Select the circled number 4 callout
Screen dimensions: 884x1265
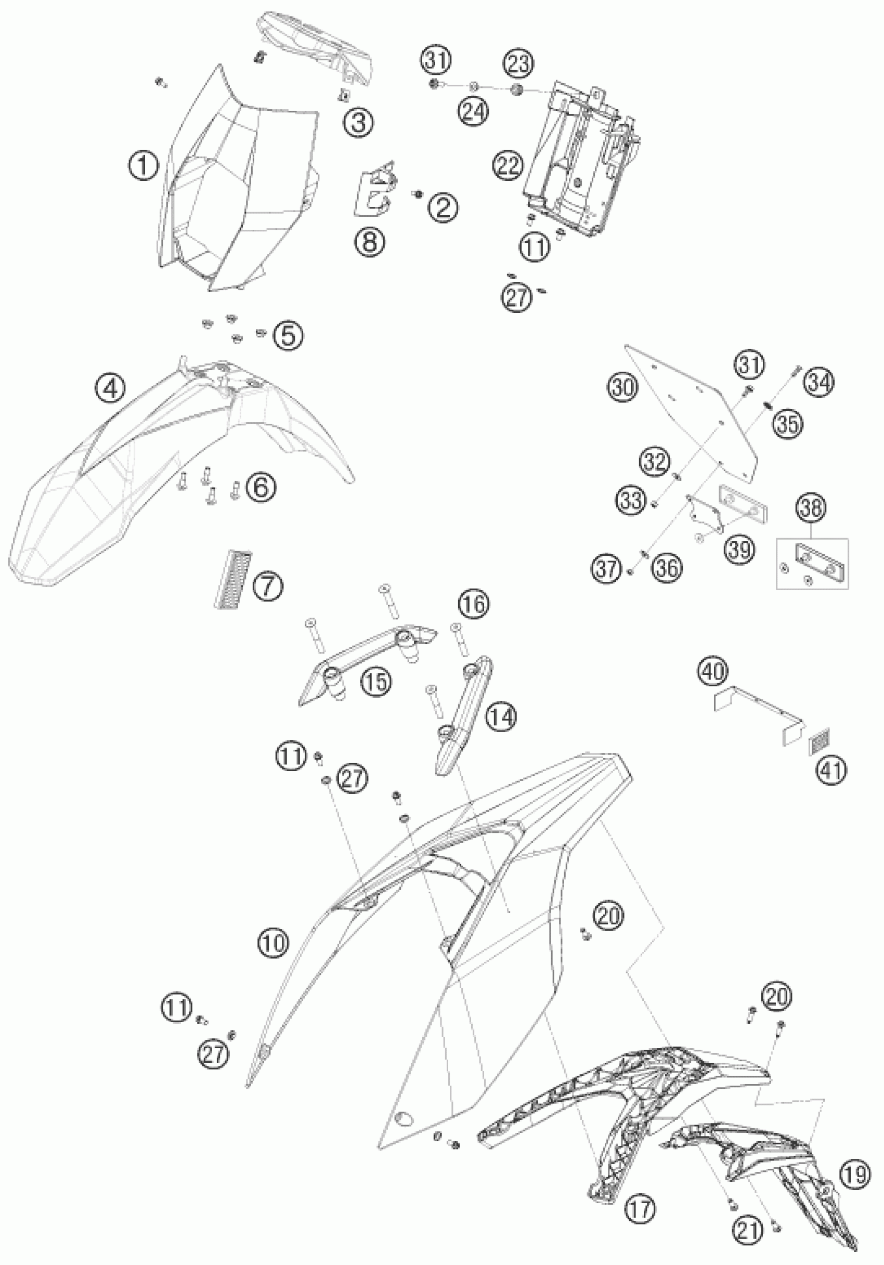pos(110,389)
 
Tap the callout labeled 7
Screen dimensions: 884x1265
pos(268,586)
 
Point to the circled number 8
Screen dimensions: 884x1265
pos(370,241)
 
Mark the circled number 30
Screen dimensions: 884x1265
pos(624,388)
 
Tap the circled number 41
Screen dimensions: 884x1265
pos(831,771)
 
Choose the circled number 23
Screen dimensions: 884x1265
pos(518,64)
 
